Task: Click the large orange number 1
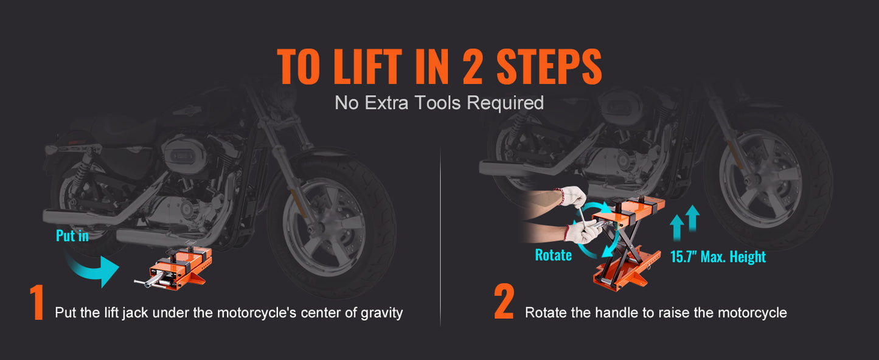coord(37,303)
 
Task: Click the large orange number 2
coord(504,303)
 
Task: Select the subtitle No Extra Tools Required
coord(439,103)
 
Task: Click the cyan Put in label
coord(72,236)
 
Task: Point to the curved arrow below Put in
coord(94,268)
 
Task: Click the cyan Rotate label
coord(553,255)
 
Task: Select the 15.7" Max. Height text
coord(718,257)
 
